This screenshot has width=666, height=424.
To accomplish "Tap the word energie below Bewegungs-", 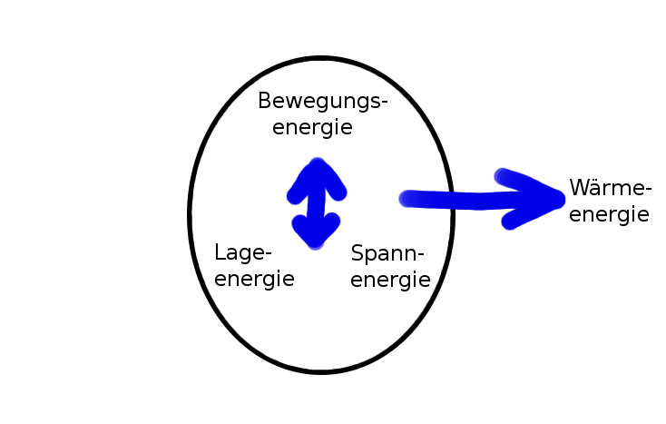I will point(312,127).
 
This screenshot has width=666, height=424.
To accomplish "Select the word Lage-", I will point(243,253).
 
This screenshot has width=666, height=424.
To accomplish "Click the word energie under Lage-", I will point(254,278).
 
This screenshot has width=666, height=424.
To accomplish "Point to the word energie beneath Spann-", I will point(390,280).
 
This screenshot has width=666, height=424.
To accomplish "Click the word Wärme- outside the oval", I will point(610,190).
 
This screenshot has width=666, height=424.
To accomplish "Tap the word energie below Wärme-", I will point(609,215).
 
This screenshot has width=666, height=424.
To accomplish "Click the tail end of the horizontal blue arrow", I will point(406,198).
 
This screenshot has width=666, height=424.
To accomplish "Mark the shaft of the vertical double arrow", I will point(316,205).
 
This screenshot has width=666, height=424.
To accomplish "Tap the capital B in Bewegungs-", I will point(264,101).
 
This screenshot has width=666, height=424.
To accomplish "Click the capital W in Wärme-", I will point(581,189).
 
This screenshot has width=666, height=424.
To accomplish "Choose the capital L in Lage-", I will point(220,251).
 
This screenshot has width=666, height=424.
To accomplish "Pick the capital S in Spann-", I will point(357,253).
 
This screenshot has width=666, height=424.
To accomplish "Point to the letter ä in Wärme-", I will point(600,189).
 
